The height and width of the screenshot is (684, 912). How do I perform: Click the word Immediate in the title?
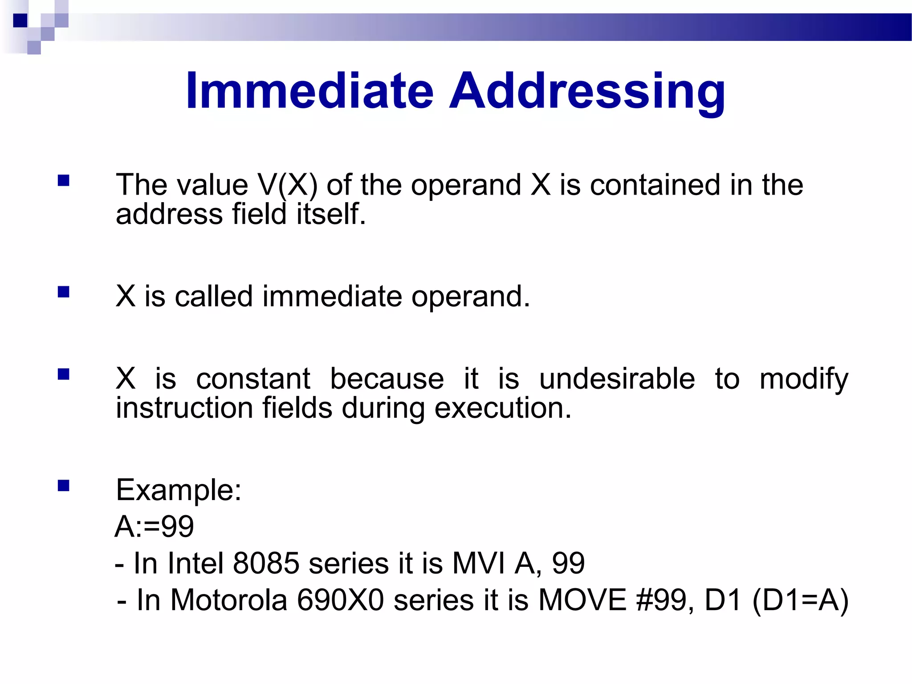pyautogui.click(x=309, y=91)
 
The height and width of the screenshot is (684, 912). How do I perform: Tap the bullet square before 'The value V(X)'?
pyautogui.click(x=64, y=180)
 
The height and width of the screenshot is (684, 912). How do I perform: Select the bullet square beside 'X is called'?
pyautogui.click(x=64, y=292)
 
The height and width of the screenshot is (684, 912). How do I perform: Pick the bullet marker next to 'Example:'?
pyautogui.click(x=64, y=485)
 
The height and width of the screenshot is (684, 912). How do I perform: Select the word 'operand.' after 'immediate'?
pyautogui.click(x=470, y=296)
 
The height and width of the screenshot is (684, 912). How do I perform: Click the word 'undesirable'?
pyautogui.click(x=617, y=379)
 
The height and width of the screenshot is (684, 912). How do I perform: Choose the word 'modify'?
pyautogui.click(x=804, y=379)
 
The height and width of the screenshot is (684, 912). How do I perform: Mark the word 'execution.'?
pyautogui.click(x=502, y=408)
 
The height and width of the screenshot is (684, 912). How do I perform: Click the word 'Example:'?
pyautogui.click(x=179, y=490)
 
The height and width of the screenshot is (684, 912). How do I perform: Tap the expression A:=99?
pyautogui.click(x=154, y=526)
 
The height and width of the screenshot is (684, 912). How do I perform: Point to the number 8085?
pyautogui.click(x=266, y=563)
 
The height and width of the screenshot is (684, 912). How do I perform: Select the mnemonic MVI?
pyautogui.click(x=479, y=563)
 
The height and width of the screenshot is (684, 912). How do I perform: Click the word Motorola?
pyautogui.click(x=228, y=600)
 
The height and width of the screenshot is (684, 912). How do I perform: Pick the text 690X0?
pyautogui.click(x=340, y=600)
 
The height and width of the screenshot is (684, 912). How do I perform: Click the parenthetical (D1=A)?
pyautogui.click(x=800, y=600)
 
